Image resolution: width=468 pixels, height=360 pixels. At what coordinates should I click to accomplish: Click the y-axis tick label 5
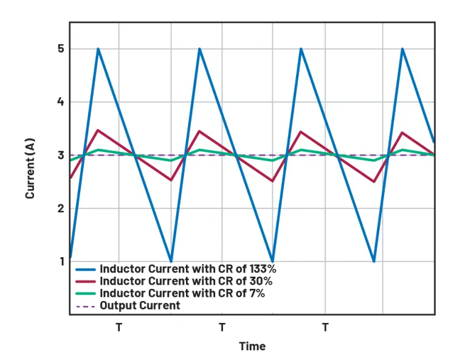[61, 49]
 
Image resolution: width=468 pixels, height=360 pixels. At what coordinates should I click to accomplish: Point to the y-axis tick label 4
[61, 102]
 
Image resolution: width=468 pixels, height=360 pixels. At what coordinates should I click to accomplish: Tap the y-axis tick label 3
[61, 155]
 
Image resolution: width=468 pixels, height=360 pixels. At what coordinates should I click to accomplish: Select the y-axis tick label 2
[61, 209]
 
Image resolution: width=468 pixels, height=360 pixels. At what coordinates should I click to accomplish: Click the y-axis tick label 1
[61, 261]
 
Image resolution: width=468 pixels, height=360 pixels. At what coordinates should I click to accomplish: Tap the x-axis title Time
[252, 346]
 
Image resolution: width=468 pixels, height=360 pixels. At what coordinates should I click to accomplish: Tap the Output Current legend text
[140, 305]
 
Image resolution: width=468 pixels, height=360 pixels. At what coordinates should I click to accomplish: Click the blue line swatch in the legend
[85, 269]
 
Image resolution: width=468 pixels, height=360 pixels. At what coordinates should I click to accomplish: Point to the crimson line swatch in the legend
[85, 281]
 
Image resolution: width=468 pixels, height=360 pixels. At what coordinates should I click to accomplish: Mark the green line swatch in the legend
[85, 293]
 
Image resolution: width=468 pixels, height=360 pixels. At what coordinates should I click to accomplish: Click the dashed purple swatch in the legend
[85, 306]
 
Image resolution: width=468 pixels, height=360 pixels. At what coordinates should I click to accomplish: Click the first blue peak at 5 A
[98, 49]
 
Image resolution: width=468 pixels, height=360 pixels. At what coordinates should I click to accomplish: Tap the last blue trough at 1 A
[374, 261]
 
